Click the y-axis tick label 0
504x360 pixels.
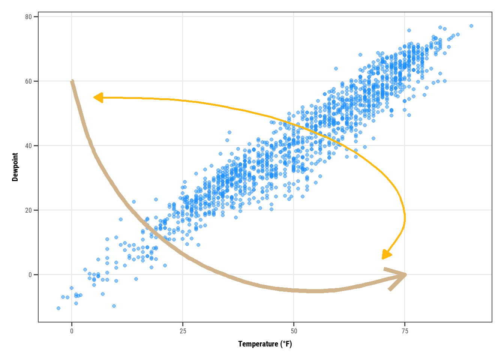point(30,275)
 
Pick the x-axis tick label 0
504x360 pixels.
point(72,331)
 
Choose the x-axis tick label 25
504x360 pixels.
point(183,331)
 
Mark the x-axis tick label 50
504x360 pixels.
point(294,331)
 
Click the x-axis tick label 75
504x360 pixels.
point(405,331)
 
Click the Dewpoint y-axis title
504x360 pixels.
point(15,167)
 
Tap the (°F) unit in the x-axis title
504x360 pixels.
point(286,344)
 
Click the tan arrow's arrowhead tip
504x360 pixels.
point(405,275)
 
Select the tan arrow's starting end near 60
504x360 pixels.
point(72,81)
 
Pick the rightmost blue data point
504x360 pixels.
point(471,26)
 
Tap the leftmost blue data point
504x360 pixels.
point(58,308)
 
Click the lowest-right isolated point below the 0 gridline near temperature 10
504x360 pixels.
point(114,306)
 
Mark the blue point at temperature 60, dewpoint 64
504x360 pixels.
point(336,69)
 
